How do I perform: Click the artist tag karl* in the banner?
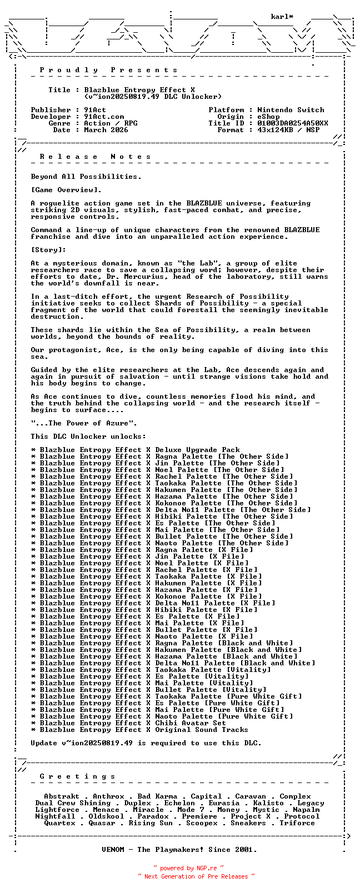[x=282, y=17]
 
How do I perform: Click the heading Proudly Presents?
[x=108, y=70]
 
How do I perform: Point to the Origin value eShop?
[x=268, y=117]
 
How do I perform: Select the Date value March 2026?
[x=106, y=130]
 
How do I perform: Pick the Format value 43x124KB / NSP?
[x=288, y=130]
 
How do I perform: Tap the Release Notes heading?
[x=95, y=157]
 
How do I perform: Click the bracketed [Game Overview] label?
[x=66, y=190]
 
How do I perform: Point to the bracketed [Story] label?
[x=48, y=250]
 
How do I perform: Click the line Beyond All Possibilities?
[x=86, y=177]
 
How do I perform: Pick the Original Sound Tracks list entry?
[x=139, y=730]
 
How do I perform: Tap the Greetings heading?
[x=77, y=776]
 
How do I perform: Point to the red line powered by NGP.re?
[x=189, y=868]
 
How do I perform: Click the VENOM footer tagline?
[x=179, y=850]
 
